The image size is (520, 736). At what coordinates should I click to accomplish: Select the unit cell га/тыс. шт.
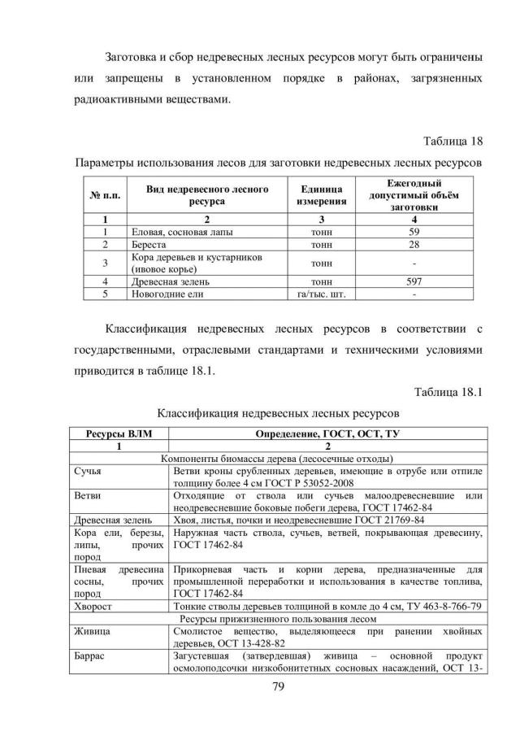[322, 294]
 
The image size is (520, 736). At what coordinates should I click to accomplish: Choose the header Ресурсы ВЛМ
[119, 433]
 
